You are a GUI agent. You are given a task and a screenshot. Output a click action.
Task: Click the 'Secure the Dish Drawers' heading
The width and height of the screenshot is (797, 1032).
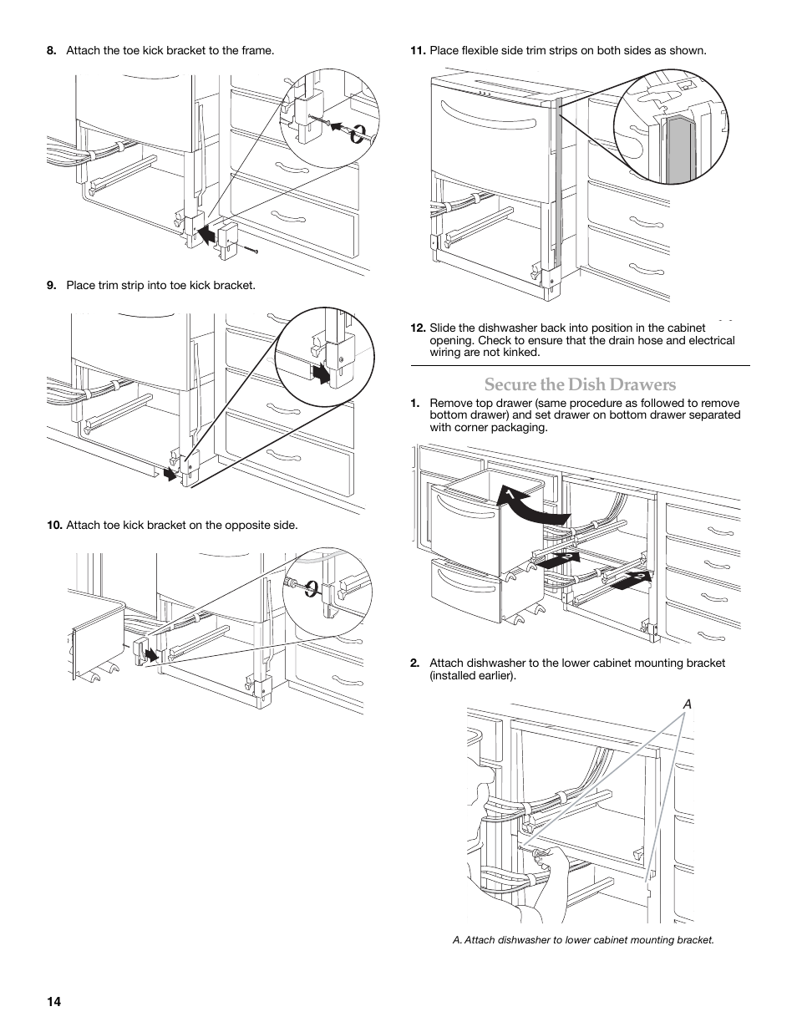(x=580, y=384)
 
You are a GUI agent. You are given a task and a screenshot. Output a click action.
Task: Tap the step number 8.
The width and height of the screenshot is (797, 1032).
(x=51, y=51)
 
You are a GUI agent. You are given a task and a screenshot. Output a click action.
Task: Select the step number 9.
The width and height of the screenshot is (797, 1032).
(x=51, y=286)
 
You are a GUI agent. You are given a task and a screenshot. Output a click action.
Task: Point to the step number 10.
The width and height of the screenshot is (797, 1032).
(x=53, y=526)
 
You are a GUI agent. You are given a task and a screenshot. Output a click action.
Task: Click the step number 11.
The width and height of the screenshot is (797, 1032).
(x=417, y=51)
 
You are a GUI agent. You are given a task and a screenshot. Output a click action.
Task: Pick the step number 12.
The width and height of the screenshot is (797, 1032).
(x=417, y=328)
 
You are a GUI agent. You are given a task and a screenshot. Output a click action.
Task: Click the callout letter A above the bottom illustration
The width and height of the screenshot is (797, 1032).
(x=688, y=705)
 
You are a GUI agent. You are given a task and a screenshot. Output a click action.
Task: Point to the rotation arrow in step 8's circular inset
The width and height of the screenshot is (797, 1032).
(x=357, y=134)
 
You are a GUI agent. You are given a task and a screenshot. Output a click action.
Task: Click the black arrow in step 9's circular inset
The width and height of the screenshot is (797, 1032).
(x=320, y=373)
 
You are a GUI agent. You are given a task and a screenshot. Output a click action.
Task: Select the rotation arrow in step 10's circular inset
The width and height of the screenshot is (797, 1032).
(x=311, y=590)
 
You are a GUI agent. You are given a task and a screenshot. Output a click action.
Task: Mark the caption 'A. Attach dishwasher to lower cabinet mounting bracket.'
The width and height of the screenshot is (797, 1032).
(x=583, y=940)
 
